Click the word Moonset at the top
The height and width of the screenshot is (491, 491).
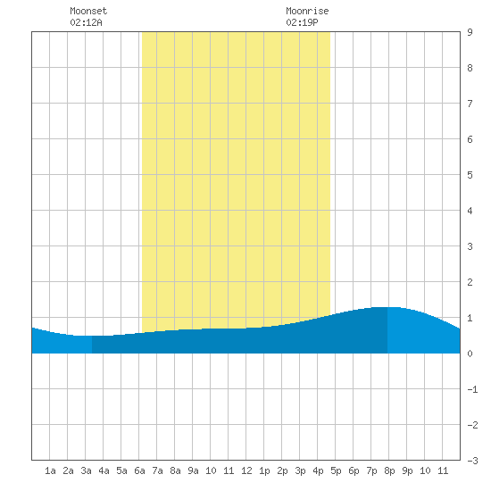(88, 11)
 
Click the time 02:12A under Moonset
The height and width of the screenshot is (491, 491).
(86, 22)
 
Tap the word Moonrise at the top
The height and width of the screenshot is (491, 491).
(307, 11)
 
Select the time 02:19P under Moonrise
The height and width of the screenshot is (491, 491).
(302, 22)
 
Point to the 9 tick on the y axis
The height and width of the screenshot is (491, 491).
(470, 32)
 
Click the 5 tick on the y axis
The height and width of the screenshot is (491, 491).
(470, 175)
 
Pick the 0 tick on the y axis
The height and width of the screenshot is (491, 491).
(470, 354)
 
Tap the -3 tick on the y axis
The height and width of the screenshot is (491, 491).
(472, 461)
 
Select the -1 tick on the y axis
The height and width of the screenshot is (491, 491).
(472, 389)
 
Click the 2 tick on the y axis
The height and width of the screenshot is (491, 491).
(470, 282)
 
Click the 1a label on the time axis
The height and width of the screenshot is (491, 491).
(50, 470)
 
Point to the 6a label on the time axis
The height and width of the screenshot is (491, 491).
(139, 470)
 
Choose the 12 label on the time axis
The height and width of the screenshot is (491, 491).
(246, 470)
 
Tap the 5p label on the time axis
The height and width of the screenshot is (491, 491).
(336, 470)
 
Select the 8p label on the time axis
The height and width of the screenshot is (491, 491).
(389, 470)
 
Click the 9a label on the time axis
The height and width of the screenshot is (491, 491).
(193, 470)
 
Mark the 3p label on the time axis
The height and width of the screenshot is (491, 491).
(300, 470)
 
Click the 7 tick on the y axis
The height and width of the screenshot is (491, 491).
(470, 104)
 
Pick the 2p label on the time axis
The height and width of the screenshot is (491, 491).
(282, 470)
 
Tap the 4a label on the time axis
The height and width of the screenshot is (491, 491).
(104, 470)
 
